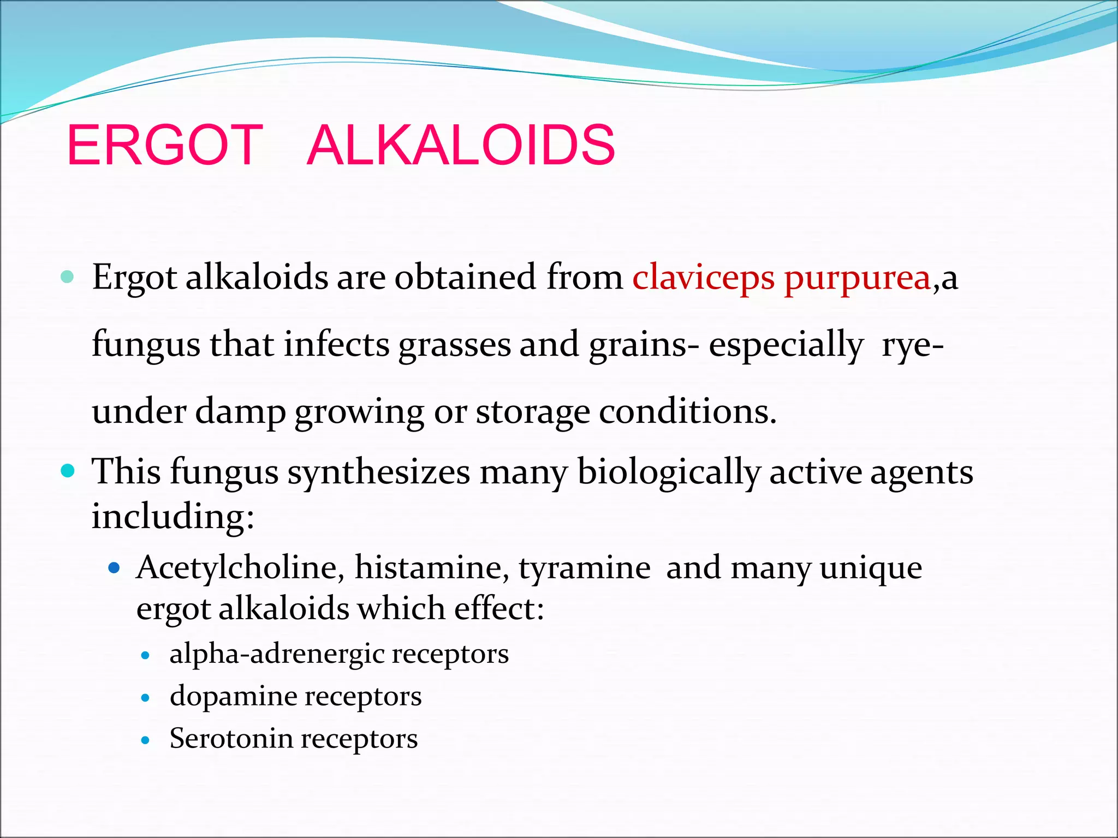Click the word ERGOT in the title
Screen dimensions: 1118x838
point(165,145)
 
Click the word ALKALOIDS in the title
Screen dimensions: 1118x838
point(461,145)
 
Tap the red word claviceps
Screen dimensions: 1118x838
point(704,278)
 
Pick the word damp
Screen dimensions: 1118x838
point(240,411)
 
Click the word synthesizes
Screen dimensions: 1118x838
point(379,472)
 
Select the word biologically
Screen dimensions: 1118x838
point(669,472)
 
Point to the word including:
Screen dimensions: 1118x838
point(173,516)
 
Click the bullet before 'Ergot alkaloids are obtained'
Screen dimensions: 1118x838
point(67,277)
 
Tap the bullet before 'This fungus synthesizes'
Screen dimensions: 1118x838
point(68,471)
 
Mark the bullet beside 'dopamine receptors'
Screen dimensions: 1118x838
point(145,698)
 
